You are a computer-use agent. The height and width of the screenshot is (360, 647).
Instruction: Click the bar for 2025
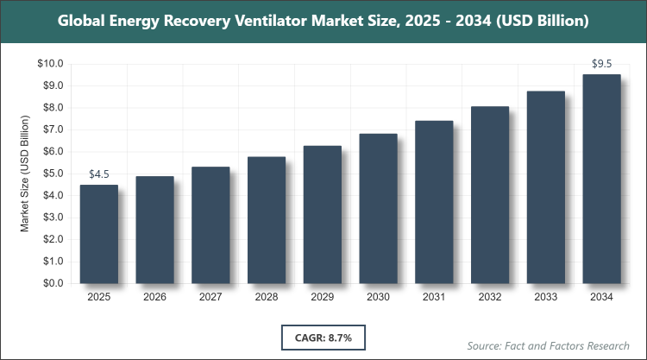point(98,234)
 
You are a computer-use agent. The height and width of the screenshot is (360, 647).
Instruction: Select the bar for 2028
point(266,220)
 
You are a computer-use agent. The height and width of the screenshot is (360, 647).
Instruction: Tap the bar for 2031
point(434,202)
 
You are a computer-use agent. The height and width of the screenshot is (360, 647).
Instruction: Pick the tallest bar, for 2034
point(601,179)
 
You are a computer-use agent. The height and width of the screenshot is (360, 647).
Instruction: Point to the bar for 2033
point(545,187)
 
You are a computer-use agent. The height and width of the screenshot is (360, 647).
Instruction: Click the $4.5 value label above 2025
point(99,175)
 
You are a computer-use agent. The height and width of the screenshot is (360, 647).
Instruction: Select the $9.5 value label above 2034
point(601,63)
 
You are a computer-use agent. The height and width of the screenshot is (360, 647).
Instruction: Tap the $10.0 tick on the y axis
point(50,64)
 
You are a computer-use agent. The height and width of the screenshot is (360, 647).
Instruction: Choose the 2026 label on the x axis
point(154,297)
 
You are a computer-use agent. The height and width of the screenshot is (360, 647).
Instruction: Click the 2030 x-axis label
point(378,297)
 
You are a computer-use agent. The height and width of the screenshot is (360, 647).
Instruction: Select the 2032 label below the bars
point(490,297)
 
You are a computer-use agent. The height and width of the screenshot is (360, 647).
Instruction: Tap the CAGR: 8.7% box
point(323,335)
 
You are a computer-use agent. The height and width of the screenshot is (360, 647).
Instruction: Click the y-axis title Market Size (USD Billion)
point(26,174)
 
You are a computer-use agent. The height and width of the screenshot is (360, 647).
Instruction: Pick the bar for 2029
point(322,215)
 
